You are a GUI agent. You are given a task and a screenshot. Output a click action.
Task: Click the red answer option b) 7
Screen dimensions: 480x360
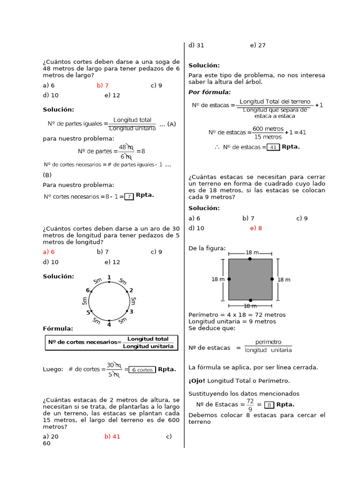[x=103, y=85]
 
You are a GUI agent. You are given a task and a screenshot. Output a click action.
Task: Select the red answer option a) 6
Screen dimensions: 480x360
[x=49, y=252]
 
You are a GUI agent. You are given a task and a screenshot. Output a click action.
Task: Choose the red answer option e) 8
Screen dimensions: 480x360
[x=256, y=228]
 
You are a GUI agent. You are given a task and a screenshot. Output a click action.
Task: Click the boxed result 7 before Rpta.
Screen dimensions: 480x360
[x=129, y=196]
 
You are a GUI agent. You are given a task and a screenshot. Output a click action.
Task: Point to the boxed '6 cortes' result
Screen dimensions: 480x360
[x=142, y=369]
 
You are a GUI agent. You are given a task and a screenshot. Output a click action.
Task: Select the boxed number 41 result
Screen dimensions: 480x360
[x=273, y=147]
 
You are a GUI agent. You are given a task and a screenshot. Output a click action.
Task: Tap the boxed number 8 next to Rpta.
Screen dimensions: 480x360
[x=269, y=405]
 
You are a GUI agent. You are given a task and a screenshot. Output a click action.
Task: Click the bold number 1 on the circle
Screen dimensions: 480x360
[x=109, y=277]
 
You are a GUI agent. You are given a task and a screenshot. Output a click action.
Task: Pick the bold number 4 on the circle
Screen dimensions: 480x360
[x=109, y=324]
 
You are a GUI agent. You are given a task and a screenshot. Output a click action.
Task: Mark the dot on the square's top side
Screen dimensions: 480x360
[x=250, y=259]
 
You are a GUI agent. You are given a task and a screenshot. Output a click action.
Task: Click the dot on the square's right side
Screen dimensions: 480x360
[x=272, y=279]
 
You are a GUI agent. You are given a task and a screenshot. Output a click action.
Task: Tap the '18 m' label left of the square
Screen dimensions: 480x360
[x=218, y=279]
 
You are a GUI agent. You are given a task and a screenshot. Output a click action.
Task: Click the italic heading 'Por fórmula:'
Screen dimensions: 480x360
[x=210, y=92]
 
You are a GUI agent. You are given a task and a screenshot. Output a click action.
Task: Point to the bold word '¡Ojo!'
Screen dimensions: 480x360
[x=197, y=381]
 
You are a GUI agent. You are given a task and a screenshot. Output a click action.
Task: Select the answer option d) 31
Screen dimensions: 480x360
[x=196, y=45]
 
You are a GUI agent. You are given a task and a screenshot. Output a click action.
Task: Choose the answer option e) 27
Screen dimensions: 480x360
[x=258, y=45]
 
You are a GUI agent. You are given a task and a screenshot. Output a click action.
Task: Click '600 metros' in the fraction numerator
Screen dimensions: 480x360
[x=268, y=128]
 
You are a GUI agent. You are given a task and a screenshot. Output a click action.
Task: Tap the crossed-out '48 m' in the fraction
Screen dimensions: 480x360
[x=126, y=148]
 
